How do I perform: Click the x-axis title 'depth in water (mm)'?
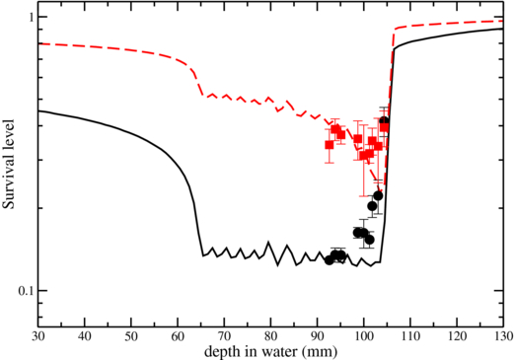click(269, 350)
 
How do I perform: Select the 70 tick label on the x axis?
click(224, 335)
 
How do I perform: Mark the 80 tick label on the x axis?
click(270, 335)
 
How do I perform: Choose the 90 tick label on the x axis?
click(317, 335)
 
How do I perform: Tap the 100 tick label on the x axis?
click(363, 335)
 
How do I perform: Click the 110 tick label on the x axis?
click(409, 335)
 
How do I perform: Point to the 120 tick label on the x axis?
click(456, 335)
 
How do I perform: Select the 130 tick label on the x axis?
click(500, 335)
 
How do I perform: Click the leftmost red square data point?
click(330, 144)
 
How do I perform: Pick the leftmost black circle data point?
click(329, 260)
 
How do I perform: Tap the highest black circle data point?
click(384, 120)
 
